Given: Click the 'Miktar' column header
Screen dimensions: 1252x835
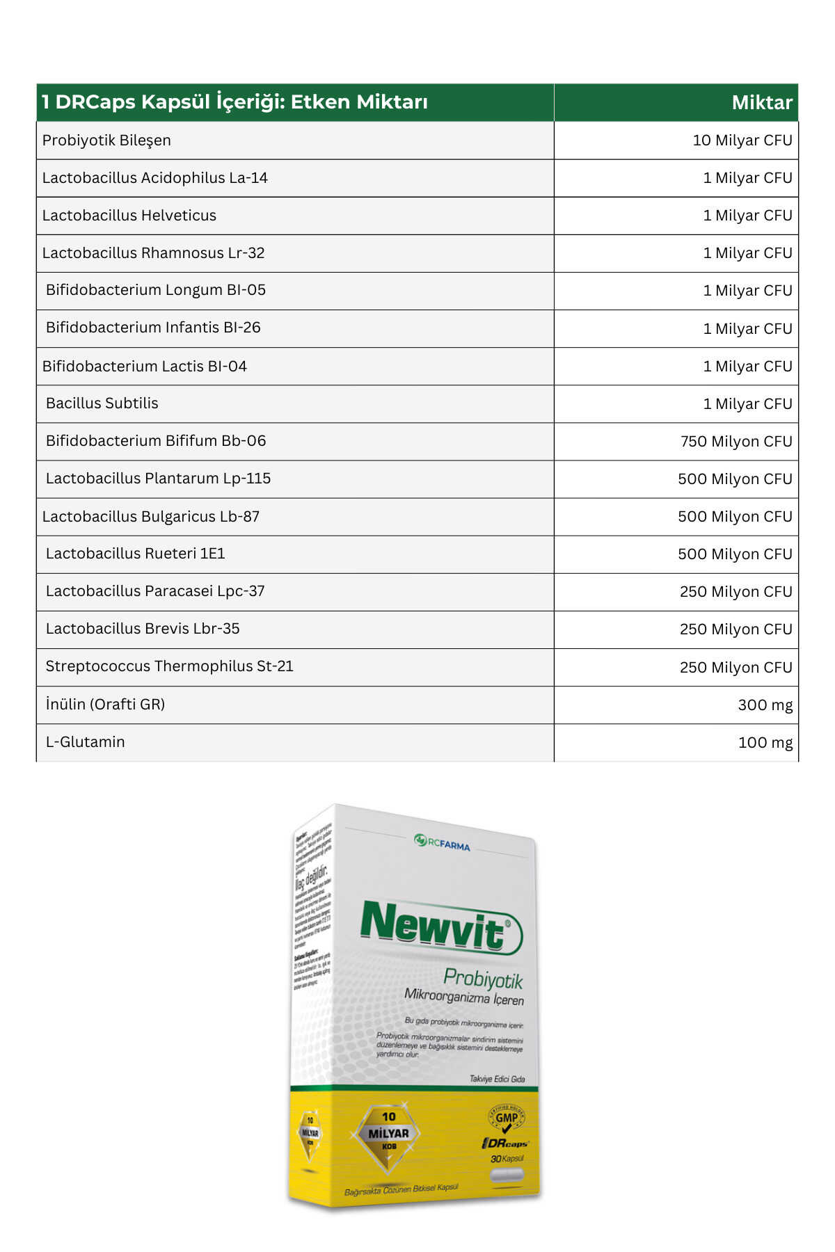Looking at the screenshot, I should click(761, 103).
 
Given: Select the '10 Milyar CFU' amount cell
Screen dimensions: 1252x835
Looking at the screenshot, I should click(742, 141).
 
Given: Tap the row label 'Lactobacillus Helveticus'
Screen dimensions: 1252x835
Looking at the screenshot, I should click(129, 216).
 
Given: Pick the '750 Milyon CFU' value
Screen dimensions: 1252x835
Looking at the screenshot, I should click(736, 442).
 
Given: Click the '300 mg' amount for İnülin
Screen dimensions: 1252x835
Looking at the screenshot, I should click(765, 705).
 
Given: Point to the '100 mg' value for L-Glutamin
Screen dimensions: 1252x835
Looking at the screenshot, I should click(765, 743).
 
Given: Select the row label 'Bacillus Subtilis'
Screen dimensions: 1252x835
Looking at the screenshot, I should click(102, 403).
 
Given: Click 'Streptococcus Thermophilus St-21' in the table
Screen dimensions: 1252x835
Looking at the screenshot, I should click(170, 666).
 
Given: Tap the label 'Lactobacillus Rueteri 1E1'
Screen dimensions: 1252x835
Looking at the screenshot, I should click(136, 554).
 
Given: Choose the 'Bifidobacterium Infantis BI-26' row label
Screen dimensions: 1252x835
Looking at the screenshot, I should click(153, 328).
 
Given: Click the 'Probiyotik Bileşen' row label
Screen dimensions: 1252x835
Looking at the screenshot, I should click(106, 141).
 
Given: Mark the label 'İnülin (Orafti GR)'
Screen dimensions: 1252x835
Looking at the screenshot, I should click(105, 705).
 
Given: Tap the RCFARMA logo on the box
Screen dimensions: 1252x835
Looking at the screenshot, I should click(443, 843).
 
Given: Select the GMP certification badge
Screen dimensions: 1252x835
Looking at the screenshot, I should click(506, 1118).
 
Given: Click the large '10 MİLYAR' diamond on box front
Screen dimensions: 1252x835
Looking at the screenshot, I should click(388, 1133).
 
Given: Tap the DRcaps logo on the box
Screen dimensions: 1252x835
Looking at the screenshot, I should click(505, 1143).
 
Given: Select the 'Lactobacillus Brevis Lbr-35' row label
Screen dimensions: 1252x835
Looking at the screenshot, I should click(143, 629).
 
